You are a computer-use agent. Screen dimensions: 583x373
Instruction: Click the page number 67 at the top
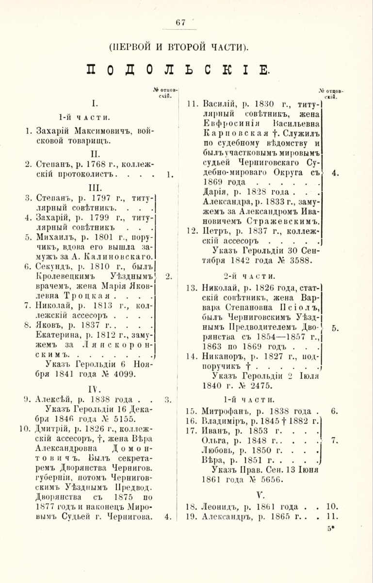point(181,22)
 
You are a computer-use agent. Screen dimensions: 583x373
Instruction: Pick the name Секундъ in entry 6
point(53,267)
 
